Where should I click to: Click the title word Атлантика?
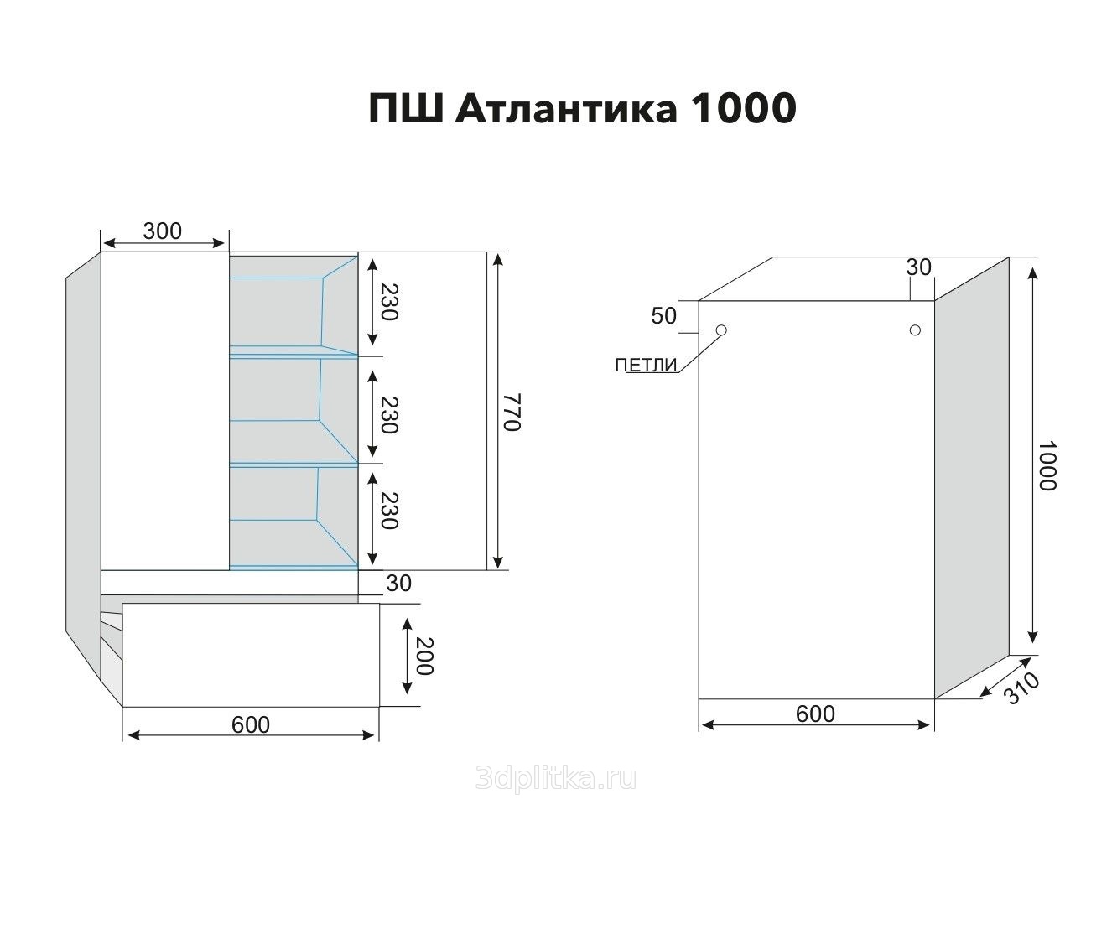click(x=565, y=108)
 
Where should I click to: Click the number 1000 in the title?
click(x=745, y=108)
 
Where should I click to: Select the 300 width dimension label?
click(x=163, y=231)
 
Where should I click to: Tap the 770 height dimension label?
click(x=512, y=412)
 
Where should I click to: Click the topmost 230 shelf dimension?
click(x=390, y=301)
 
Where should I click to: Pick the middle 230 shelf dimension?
click(x=390, y=415)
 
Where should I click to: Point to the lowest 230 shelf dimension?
click(x=390, y=511)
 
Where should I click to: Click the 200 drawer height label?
click(x=424, y=656)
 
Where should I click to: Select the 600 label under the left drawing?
click(x=251, y=724)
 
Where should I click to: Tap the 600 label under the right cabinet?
click(x=815, y=714)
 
